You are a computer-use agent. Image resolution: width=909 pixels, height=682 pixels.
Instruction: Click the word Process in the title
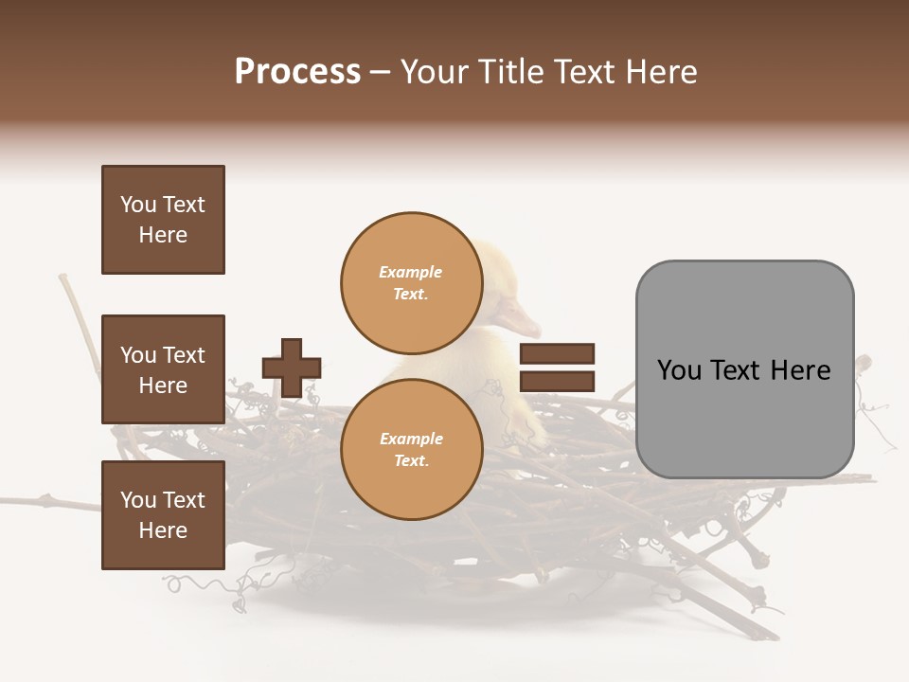[x=297, y=72]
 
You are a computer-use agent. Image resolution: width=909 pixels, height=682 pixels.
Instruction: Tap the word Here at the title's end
[x=660, y=72]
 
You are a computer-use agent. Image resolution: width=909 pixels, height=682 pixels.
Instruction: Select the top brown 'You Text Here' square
[x=163, y=220]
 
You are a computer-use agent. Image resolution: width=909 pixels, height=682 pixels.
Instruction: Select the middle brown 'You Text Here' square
[x=163, y=369]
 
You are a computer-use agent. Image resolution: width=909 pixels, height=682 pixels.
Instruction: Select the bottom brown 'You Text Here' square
[x=163, y=515]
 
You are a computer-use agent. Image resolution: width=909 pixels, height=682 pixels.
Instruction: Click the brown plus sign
[x=292, y=368]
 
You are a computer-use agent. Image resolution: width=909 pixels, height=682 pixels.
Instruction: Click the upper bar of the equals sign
[x=557, y=353]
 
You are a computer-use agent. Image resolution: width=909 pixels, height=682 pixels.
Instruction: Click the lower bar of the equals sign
[x=557, y=382]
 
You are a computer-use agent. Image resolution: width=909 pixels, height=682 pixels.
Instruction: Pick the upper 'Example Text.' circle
[x=411, y=282]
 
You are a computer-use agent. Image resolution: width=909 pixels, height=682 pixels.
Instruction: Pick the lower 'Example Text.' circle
[x=411, y=449]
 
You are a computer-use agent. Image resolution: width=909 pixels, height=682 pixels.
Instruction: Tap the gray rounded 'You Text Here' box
[x=744, y=369]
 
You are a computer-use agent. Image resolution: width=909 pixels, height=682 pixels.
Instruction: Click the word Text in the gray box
[x=742, y=370]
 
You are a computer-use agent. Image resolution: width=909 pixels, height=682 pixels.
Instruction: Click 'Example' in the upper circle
[x=411, y=272]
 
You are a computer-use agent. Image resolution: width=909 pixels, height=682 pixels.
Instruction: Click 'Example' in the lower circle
[x=411, y=439]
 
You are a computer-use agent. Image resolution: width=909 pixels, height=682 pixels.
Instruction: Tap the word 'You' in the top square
[x=137, y=205]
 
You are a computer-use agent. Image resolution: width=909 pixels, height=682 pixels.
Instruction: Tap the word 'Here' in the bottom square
[x=163, y=530]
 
